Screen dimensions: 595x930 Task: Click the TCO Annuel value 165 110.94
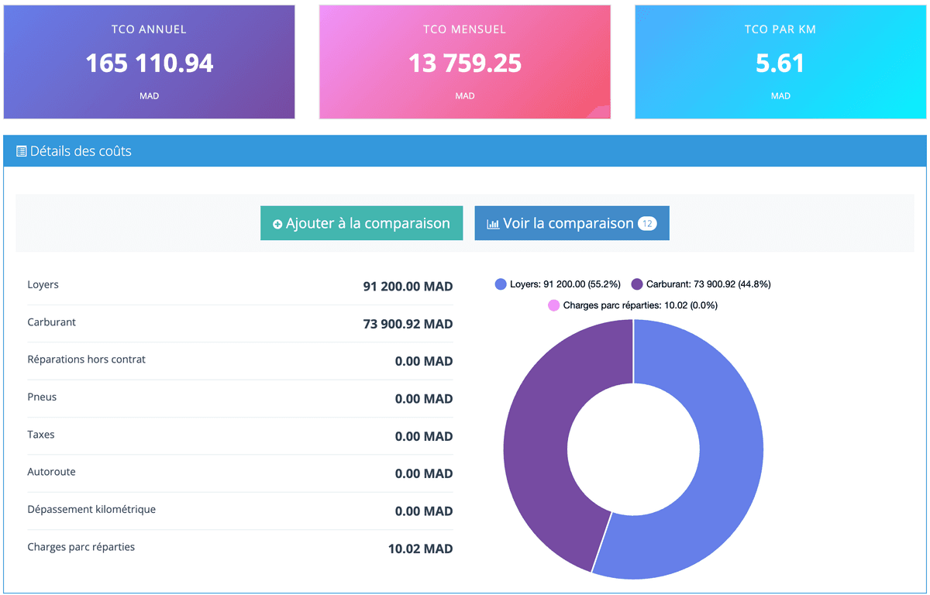[x=149, y=63]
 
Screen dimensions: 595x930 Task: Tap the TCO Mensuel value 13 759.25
[x=464, y=63]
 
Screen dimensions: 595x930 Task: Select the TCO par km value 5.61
[x=780, y=63]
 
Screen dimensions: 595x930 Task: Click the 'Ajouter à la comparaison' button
[x=361, y=223]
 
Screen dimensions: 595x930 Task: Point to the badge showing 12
[x=646, y=224]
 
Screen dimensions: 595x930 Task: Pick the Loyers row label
[x=43, y=284]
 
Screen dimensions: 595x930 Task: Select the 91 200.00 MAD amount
[x=408, y=287]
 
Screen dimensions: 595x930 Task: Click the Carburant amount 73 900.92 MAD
[x=408, y=324]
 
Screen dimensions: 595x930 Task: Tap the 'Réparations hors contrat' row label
[x=86, y=359]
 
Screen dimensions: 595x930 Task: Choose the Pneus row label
[x=42, y=397]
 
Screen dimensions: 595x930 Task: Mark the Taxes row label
[x=41, y=435]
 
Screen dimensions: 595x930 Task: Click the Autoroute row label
[x=51, y=472]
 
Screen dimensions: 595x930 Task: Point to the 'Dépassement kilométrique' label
[x=91, y=509]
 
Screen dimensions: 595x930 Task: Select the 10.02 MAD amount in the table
[x=420, y=549]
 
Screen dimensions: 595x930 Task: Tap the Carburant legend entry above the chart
[x=701, y=284]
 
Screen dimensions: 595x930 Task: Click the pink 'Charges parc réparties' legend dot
[x=553, y=305]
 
